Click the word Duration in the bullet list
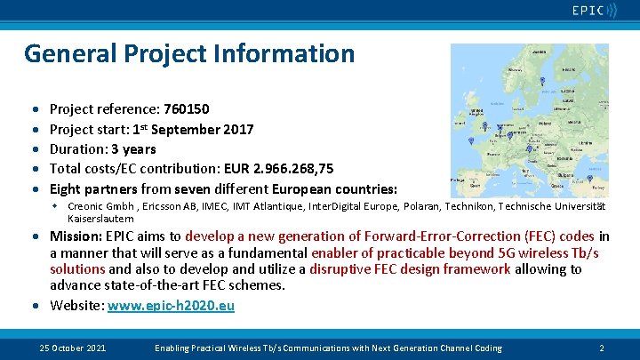coord(76,149)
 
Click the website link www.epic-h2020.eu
coord(171,305)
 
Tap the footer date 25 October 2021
coord(73,348)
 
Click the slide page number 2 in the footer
coord(602,348)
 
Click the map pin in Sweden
coord(541,81)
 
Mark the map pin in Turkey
coord(590,179)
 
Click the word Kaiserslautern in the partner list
coord(100,218)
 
